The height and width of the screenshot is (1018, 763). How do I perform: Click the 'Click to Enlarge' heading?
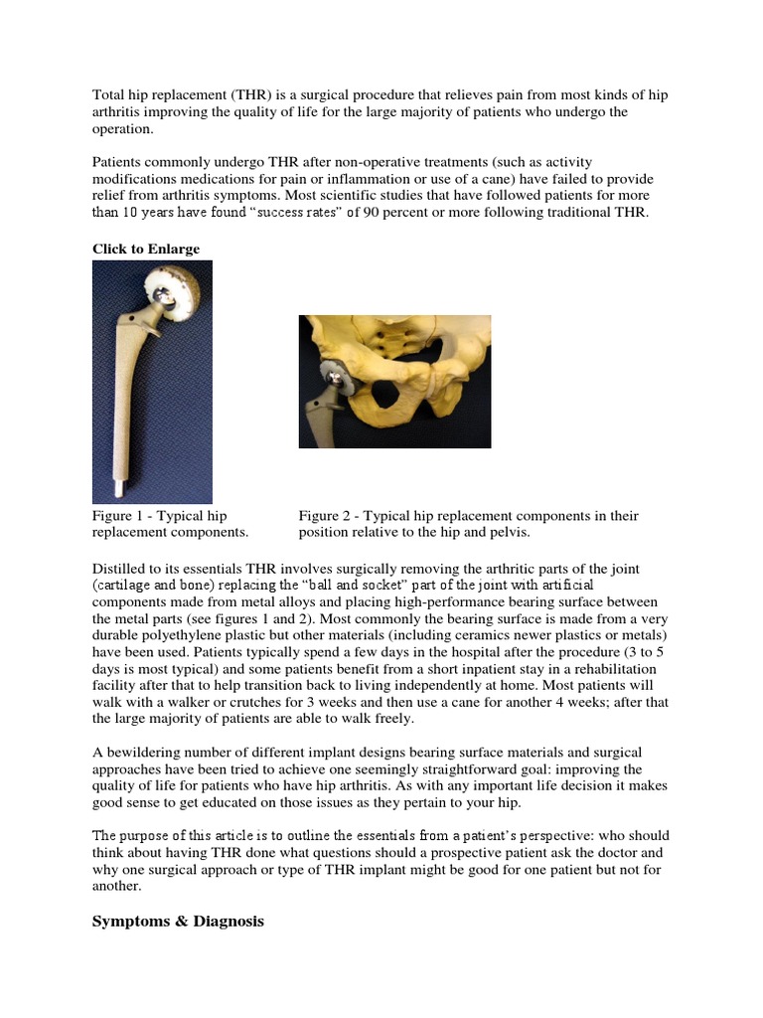(x=146, y=249)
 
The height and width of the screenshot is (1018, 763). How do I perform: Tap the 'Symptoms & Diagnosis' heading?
(x=178, y=922)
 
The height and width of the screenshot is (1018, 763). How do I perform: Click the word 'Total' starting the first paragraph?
(x=110, y=95)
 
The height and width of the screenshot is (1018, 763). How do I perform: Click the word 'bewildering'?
(x=145, y=754)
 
